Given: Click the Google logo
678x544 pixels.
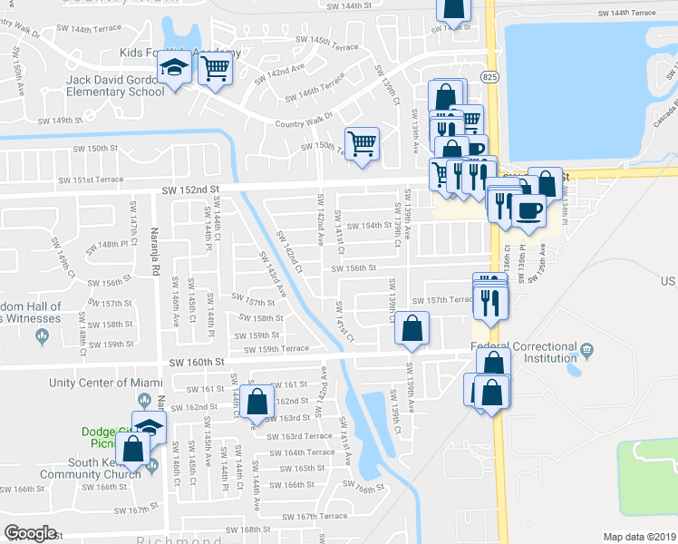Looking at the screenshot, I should click(30, 533).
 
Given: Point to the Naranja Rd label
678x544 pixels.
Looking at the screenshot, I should click(155, 251).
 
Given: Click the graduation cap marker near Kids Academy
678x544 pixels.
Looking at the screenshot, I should click(172, 68).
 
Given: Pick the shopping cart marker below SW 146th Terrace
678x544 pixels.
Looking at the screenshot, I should click(362, 143).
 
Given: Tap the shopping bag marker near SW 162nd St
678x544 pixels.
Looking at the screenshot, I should click(257, 401).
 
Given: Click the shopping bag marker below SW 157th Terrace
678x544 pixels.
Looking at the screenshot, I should click(412, 330).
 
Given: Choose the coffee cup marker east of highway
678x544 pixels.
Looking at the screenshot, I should click(528, 210).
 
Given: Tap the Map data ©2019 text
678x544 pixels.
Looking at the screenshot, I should click(639, 537).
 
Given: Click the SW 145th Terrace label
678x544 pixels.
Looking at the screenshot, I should click(320, 41).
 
